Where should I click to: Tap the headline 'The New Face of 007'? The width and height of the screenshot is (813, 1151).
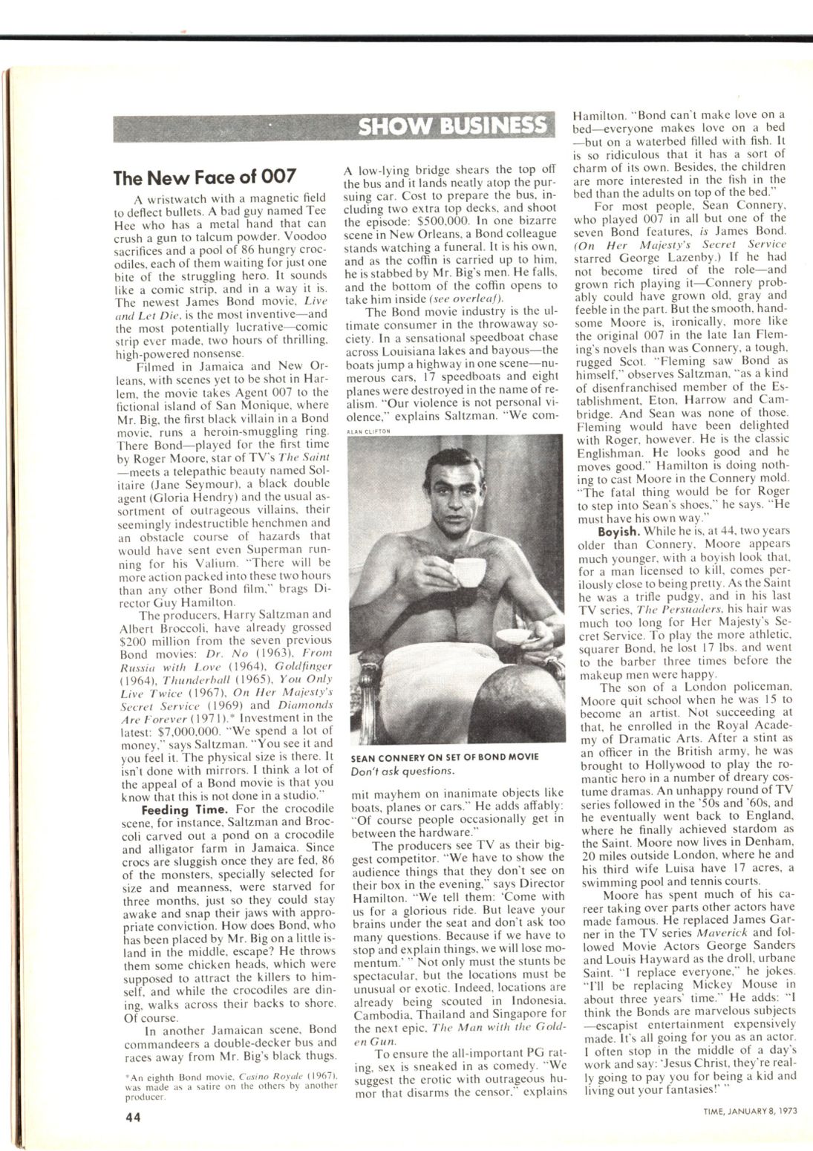click(x=205, y=177)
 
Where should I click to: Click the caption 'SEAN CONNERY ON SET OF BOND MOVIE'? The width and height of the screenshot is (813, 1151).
click(x=445, y=757)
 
